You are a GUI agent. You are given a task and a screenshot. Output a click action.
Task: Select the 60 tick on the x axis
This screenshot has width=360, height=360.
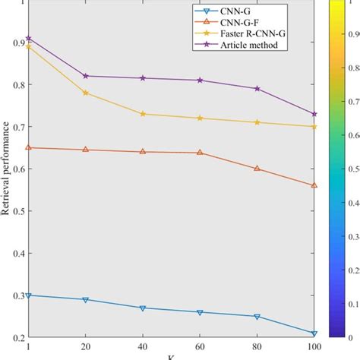coord(200,346)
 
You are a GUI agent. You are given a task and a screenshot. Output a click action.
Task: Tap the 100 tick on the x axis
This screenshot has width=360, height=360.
coord(314,346)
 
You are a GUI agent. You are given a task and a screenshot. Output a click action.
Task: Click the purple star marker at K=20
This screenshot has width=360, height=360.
coord(86,76)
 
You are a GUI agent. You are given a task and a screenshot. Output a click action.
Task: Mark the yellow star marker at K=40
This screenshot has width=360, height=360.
coord(143,114)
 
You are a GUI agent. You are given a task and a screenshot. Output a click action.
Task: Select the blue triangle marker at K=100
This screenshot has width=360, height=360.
coord(314,333)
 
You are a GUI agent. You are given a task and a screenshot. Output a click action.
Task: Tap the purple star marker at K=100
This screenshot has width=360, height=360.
coord(314,114)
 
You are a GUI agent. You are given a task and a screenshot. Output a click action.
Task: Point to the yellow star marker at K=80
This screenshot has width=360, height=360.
coord(257,122)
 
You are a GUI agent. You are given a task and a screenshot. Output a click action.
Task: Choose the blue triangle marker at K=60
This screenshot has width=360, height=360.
coord(200,312)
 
